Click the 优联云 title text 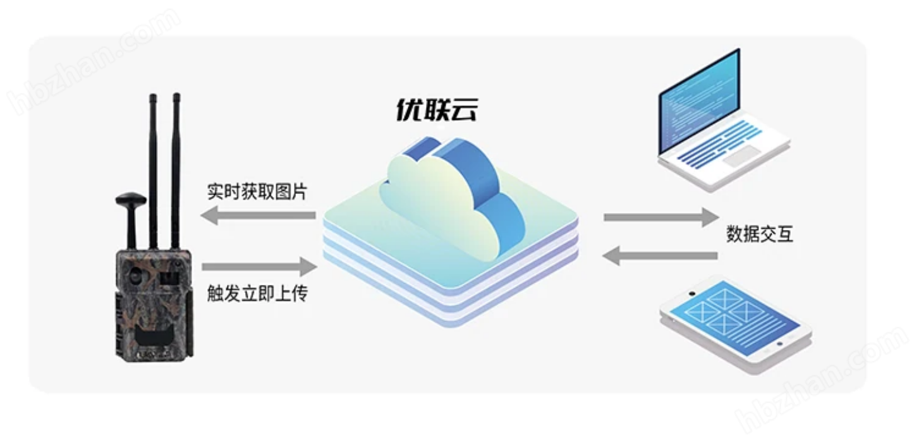pyautogui.click(x=436, y=110)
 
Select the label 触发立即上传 pyautogui.click(x=257, y=293)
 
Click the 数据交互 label pyautogui.click(x=759, y=235)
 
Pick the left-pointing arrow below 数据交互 pyautogui.click(x=660, y=256)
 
